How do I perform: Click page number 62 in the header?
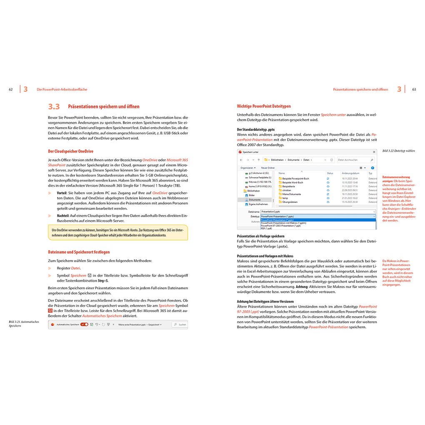(11, 89)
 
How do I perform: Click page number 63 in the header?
(414, 89)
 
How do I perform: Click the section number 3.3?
(54, 107)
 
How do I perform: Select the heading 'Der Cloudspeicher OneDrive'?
(71, 151)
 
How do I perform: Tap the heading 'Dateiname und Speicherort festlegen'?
(79, 252)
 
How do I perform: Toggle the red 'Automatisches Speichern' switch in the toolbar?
(84, 324)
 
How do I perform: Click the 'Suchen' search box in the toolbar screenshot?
(180, 324)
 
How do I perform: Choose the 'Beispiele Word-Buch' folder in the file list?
(292, 182)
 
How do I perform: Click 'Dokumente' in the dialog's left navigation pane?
(255, 200)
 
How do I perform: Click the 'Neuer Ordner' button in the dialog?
(268, 167)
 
